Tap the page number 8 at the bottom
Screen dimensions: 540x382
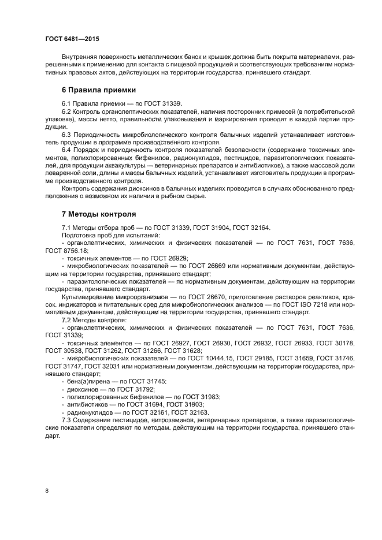47,490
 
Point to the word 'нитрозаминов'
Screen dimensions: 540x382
171,421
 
